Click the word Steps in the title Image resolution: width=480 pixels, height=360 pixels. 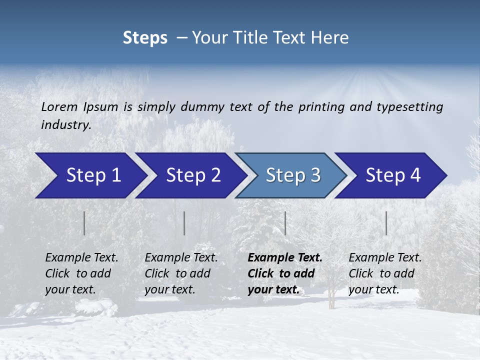(x=145, y=38)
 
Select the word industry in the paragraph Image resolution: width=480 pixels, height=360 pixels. (x=65, y=124)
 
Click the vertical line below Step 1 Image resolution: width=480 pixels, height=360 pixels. (x=84, y=223)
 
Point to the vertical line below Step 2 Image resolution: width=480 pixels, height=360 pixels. (x=184, y=223)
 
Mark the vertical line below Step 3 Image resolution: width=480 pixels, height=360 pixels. (x=285, y=223)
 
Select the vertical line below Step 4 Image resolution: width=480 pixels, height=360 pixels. (x=386, y=223)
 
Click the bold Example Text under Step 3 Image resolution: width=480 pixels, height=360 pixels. (x=285, y=257)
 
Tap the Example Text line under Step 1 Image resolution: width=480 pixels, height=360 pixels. (x=81, y=257)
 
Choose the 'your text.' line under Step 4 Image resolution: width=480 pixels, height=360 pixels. (x=373, y=289)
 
